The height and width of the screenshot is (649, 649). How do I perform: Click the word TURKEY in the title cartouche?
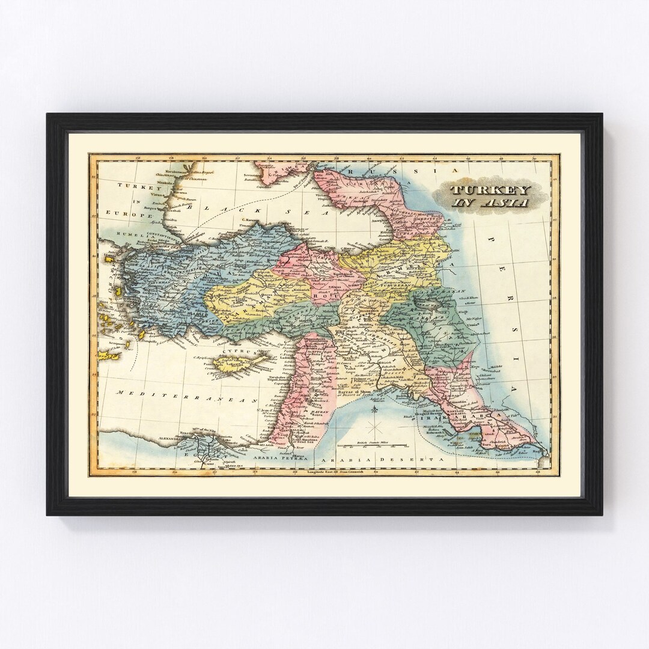click(x=490, y=190)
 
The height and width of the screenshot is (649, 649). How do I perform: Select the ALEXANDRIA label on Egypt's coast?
click(x=166, y=438)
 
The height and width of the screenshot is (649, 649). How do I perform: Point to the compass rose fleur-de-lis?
click(x=377, y=414)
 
